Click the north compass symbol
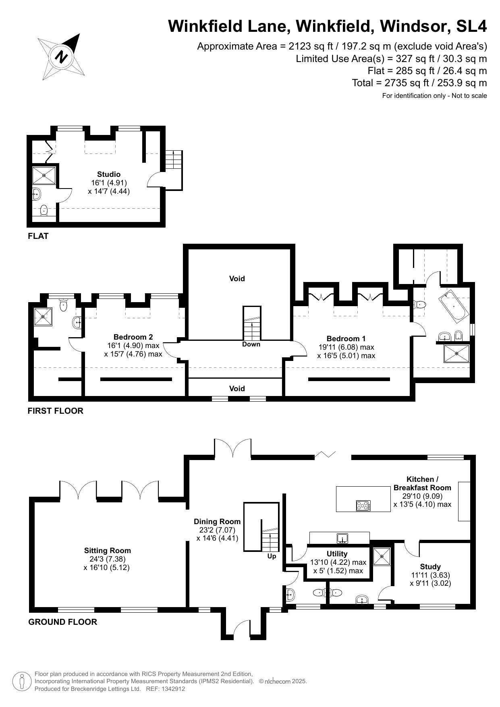point(61,56)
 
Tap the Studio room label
point(109,174)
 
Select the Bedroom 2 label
point(133,337)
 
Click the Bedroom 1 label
point(346,339)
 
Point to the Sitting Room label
point(107,551)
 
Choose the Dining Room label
point(217,522)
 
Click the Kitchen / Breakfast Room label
point(422,483)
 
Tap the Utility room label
point(337,554)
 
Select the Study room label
point(430,566)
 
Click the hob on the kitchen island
point(363,505)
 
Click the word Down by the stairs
point(251,344)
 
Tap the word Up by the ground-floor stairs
point(272,556)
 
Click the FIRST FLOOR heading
point(56,411)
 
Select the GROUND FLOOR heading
point(63,622)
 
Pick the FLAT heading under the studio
point(38,236)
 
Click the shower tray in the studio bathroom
point(44,175)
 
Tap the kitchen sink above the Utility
point(342,537)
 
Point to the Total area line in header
point(419,83)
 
